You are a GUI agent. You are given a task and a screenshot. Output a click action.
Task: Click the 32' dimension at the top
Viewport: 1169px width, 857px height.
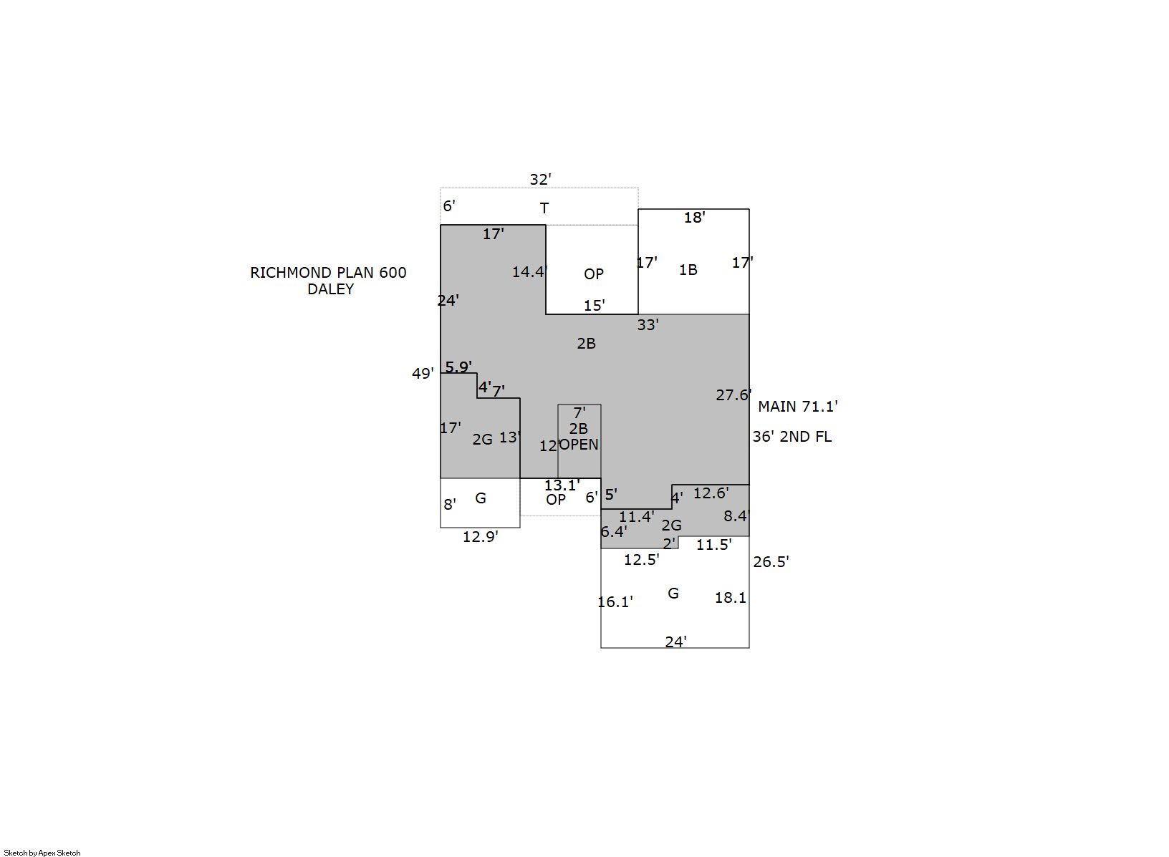[x=540, y=180]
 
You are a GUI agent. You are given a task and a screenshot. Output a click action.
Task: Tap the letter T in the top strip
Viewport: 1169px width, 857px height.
[x=544, y=208]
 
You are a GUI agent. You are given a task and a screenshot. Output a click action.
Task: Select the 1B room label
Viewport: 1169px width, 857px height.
[x=688, y=270]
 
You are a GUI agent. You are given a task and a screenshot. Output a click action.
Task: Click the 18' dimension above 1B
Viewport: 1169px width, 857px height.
[x=695, y=218]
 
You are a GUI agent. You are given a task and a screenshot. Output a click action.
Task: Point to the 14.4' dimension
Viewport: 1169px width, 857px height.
[x=529, y=272]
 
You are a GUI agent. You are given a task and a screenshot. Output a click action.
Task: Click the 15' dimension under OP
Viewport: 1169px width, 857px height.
[x=594, y=305]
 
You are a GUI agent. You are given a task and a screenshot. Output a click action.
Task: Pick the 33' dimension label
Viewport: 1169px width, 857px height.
[x=648, y=325]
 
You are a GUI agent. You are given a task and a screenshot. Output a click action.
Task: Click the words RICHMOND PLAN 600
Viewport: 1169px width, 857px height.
[x=328, y=273]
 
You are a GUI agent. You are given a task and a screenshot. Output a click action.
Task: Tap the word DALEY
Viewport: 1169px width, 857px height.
[x=330, y=289]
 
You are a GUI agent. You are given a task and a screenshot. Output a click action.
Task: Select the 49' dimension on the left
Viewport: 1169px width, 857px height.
[x=423, y=374]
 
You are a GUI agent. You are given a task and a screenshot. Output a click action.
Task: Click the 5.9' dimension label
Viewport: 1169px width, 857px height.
[x=458, y=367]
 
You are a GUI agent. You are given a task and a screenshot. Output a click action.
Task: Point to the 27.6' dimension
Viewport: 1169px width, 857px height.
[x=733, y=395]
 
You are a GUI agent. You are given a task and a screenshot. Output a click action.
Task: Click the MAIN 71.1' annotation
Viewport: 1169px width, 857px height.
[x=797, y=407]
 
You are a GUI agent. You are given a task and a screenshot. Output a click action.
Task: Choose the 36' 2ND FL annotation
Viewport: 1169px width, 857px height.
[x=792, y=437]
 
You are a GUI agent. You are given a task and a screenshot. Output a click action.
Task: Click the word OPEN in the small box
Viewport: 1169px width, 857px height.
[x=579, y=445]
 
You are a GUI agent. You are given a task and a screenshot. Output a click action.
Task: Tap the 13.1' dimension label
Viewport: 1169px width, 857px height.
[x=562, y=485]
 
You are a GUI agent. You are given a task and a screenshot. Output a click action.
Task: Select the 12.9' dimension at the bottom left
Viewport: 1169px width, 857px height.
[x=480, y=537]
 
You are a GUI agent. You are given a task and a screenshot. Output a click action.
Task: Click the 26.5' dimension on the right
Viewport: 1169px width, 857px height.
[x=771, y=562]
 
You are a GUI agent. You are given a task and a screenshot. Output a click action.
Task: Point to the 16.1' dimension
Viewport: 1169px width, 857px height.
[x=615, y=602]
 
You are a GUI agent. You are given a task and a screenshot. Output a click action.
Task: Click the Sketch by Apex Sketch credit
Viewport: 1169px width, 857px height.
[x=42, y=853]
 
